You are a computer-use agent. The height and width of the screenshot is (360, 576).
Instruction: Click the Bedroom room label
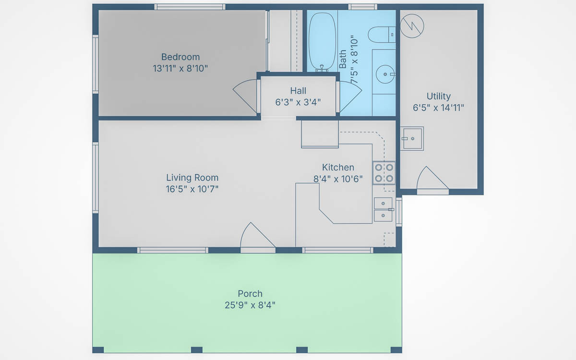click(180, 57)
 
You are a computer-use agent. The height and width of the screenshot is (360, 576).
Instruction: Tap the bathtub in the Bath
click(322, 42)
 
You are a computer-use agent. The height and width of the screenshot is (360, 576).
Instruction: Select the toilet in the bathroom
click(382, 35)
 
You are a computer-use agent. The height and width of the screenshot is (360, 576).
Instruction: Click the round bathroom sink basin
click(385, 74)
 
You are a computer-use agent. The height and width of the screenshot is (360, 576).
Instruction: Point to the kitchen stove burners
click(384, 173)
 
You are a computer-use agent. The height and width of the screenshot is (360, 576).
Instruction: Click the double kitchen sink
click(383, 209)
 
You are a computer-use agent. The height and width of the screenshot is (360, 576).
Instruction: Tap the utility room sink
click(412, 139)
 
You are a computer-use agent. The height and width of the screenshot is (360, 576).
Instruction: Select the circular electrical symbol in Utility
click(412, 26)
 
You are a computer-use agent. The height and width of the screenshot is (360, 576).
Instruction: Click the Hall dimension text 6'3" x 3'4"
click(298, 102)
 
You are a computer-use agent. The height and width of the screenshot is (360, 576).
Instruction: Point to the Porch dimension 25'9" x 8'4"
click(250, 305)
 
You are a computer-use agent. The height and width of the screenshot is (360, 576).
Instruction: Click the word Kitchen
click(338, 168)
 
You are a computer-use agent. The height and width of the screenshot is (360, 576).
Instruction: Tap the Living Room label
click(192, 178)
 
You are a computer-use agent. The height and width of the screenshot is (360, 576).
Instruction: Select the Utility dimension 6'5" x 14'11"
click(438, 108)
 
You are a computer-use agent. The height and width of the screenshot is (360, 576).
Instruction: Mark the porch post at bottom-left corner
click(98, 350)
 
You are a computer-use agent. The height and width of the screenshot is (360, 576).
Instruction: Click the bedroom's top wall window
click(190, 7)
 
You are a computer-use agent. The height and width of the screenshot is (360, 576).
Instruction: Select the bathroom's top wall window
click(362, 7)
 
